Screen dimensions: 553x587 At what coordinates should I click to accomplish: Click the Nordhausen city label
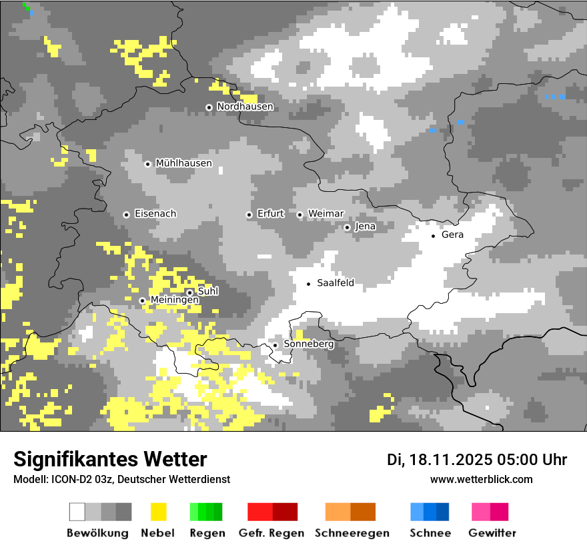click(x=245, y=107)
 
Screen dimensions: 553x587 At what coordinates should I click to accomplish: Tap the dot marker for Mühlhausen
click(x=147, y=164)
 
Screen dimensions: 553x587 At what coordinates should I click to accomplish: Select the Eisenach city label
click(x=155, y=214)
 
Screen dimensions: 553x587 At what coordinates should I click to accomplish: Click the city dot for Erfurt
click(x=249, y=215)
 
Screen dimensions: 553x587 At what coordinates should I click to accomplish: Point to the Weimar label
click(x=326, y=213)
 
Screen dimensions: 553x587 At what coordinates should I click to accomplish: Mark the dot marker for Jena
click(x=347, y=227)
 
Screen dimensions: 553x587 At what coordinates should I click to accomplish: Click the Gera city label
click(x=452, y=235)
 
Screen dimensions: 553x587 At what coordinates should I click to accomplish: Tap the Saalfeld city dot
click(x=308, y=284)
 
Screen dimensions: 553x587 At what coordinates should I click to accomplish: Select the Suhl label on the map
click(x=207, y=291)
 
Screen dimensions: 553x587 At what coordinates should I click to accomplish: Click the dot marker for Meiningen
click(x=142, y=300)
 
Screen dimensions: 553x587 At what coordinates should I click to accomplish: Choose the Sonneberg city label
click(x=308, y=344)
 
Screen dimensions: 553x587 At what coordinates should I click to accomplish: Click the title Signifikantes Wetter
click(x=110, y=459)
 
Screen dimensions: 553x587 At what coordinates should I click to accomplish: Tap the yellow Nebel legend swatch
click(x=158, y=512)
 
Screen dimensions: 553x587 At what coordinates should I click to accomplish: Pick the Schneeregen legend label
click(x=352, y=533)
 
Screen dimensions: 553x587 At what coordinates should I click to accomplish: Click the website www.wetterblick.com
click(x=481, y=479)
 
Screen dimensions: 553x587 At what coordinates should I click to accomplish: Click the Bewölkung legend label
click(x=97, y=533)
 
